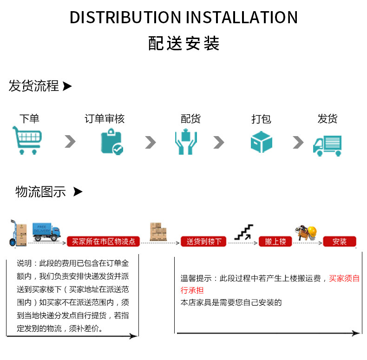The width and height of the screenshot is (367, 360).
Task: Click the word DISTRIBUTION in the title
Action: click(x=125, y=17)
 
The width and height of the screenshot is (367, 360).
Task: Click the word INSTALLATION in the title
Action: click(x=242, y=17)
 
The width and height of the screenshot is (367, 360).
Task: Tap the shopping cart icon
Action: click(x=27, y=140)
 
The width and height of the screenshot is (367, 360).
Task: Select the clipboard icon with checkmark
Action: click(x=112, y=141)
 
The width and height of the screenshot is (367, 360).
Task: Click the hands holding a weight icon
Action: click(x=186, y=141)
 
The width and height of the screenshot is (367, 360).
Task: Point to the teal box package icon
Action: click(x=261, y=142)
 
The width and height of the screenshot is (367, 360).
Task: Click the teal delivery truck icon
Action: click(x=327, y=145)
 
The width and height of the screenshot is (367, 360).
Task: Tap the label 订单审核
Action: click(x=105, y=118)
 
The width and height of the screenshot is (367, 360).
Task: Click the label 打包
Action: click(x=261, y=119)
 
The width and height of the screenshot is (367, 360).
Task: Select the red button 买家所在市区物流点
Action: click(x=103, y=242)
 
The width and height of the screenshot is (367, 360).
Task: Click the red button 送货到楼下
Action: click(x=203, y=242)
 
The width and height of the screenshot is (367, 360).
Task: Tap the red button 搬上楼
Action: click(x=275, y=242)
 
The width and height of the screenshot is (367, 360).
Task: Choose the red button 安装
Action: click(x=340, y=242)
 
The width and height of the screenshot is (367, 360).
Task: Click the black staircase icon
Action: click(x=243, y=232)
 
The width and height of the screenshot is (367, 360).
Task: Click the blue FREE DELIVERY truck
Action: click(x=46, y=232)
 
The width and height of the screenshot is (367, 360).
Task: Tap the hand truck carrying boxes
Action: click(x=18, y=233)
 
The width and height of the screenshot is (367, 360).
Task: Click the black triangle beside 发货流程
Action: click(x=67, y=86)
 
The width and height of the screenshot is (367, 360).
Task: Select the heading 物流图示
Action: click(x=40, y=192)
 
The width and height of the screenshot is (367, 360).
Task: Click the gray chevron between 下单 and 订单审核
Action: click(x=70, y=141)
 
